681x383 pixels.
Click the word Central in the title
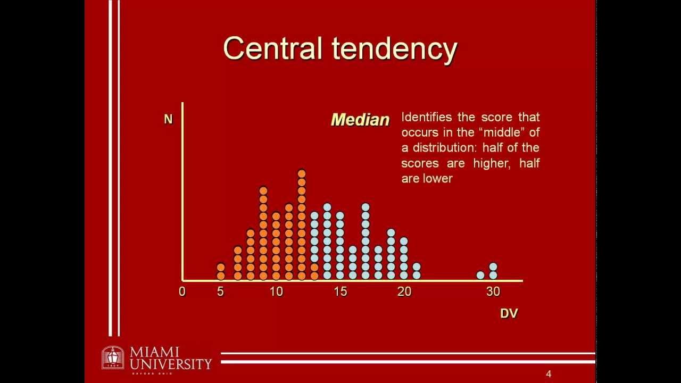(272, 48)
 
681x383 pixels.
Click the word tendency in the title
(395, 49)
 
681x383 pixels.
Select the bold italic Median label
(360, 120)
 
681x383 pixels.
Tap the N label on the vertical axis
(168, 119)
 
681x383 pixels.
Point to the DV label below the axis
(509, 313)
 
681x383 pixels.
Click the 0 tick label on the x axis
(182, 292)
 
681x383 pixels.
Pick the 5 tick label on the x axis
(220, 292)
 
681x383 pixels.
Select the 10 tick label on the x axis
(276, 292)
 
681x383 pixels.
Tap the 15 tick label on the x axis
(340, 292)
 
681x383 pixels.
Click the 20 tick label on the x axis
(404, 292)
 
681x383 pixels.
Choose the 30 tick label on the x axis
(493, 292)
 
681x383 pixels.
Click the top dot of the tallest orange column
(302, 173)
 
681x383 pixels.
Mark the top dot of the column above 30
(493, 267)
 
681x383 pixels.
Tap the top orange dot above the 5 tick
(221, 267)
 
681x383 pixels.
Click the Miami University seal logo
(112, 357)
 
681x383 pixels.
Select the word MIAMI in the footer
(154, 353)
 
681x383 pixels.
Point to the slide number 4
(549, 374)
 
